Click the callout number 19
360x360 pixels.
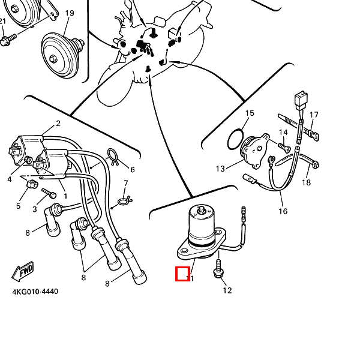coord(70,13)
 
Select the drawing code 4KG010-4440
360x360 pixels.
coord(35,292)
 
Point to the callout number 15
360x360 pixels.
coord(250,113)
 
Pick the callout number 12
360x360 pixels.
coord(227,291)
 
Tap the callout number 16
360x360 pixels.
coord(283,211)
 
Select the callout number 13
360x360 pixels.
coord(220,169)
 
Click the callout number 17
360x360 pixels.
coord(314,115)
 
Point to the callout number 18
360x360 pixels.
coord(307,182)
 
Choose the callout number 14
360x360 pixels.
coord(283,132)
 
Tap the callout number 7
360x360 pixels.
coord(126,183)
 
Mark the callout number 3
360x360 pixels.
coord(35,209)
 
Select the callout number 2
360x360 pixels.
coord(58,124)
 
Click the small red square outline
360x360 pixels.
coord(182,274)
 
